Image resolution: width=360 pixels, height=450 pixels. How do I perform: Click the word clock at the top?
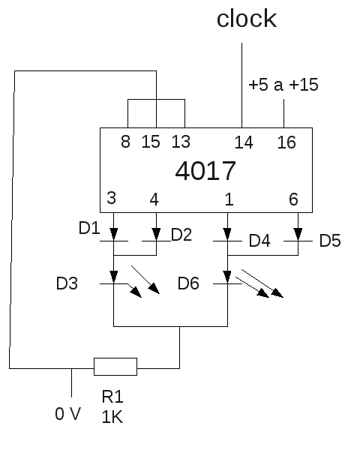[247, 19]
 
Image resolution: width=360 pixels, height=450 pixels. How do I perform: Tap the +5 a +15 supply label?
[283, 85]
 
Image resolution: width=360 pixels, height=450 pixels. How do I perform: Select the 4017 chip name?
[205, 171]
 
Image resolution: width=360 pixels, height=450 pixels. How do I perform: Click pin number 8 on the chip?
[125, 142]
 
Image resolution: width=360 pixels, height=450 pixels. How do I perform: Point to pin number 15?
[151, 142]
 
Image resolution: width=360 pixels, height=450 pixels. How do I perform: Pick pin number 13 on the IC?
[181, 142]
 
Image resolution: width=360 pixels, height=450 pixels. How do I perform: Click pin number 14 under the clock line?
[244, 142]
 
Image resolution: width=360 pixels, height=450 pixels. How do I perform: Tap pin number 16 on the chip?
[286, 142]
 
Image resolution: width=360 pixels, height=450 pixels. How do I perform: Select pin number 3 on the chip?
[112, 198]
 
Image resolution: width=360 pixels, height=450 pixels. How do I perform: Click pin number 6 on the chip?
[293, 199]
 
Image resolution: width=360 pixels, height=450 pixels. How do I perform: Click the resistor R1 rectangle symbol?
[115, 367]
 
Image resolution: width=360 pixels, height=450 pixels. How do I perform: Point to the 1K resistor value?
[112, 417]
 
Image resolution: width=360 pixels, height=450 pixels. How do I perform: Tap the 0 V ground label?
[68, 414]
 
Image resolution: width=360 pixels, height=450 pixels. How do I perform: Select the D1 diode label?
[89, 228]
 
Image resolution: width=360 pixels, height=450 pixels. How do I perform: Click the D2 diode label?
[181, 235]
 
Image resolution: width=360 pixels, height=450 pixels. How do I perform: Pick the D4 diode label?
[259, 241]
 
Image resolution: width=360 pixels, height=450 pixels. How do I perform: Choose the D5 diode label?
[330, 241]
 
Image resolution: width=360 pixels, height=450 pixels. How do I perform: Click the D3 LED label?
[67, 283]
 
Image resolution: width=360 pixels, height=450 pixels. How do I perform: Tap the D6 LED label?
[188, 283]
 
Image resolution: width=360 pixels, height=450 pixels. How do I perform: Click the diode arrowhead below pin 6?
[298, 234]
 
